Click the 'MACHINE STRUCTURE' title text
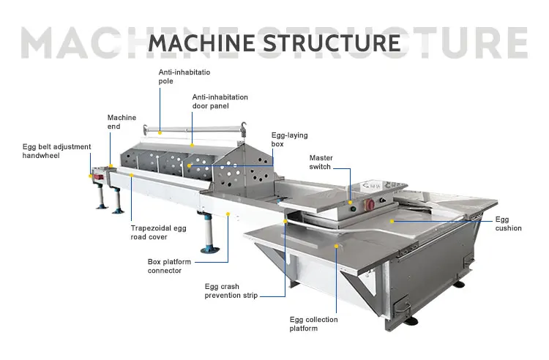(x=274, y=42)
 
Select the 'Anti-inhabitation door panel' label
(x=220, y=102)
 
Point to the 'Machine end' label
(x=122, y=121)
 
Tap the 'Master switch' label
(x=321, y=162)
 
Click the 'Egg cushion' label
(x=508, y=224)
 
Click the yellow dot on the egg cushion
(x=392, y=220)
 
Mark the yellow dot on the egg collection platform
(x=337, y=247)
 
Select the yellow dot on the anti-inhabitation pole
(x=160, y=132)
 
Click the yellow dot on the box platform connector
(x=228, y=215)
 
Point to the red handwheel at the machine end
(x=94, y=176)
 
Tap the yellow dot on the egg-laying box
(x=190, y=165)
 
